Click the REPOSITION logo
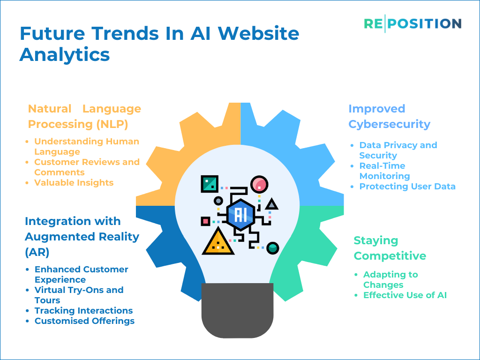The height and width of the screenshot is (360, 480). pos(412,23)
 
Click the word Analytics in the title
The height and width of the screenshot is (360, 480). pos(65,55)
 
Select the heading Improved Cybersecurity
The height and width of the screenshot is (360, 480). pos(390,116)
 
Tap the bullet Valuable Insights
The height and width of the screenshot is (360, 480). pos(74,183)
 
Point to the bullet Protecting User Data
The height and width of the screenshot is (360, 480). pos(407,187)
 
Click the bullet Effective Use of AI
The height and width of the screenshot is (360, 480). pos(405,295)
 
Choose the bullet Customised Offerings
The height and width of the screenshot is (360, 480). pos(84,321)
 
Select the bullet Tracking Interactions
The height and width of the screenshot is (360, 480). pos(83,310)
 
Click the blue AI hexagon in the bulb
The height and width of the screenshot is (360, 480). pos(240,215)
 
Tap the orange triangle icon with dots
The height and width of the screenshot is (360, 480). pos(218,241)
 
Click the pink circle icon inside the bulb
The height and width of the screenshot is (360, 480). pos(259,184)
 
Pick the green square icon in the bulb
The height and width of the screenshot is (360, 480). pos(210,184)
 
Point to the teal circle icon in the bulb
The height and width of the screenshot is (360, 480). pos(272,247)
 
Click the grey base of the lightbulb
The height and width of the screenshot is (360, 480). pos(237,310)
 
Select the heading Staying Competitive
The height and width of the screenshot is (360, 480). pos(390,248)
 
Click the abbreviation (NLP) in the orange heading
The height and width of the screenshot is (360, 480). pos(112,124)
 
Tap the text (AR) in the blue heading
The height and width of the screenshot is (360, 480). pos(37,252)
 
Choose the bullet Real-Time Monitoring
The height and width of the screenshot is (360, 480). pos(384,171)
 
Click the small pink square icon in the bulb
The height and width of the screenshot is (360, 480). pos(205,221)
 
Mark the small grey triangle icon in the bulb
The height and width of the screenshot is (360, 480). pos(271,204)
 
